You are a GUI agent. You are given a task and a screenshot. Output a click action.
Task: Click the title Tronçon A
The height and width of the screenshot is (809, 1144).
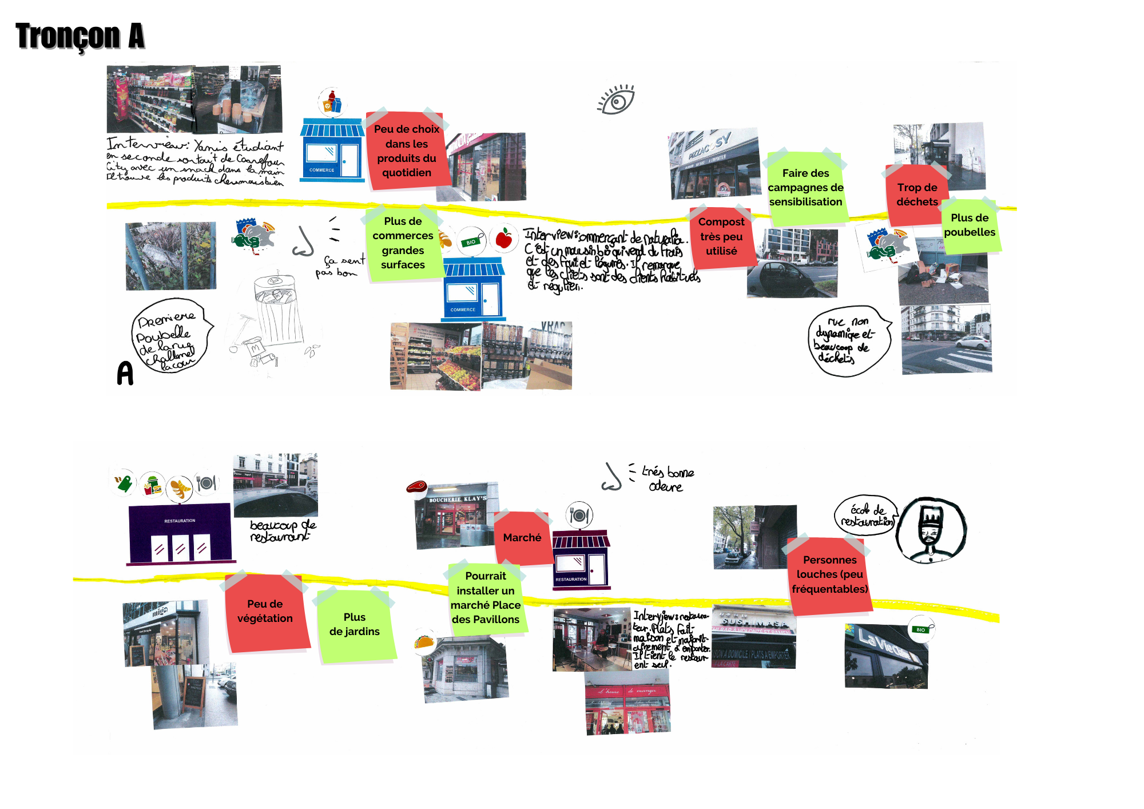80,35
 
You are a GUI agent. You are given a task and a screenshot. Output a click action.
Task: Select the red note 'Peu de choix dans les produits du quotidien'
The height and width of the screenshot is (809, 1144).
407,151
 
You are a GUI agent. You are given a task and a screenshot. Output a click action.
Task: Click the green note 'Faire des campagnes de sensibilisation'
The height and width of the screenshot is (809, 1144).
805,188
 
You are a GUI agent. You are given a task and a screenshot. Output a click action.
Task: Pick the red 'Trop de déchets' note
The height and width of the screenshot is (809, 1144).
916,195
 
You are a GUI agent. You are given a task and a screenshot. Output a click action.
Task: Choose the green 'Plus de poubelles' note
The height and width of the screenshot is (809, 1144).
970,225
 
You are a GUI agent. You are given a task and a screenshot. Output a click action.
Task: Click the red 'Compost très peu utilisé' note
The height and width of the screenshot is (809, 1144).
721,236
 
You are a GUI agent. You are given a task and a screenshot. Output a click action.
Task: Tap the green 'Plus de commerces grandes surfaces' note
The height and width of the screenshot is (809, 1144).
403,243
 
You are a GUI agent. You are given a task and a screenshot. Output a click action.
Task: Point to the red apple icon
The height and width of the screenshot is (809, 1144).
504,238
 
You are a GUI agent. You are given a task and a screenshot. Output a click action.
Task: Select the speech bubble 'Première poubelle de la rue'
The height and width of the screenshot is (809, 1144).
169,336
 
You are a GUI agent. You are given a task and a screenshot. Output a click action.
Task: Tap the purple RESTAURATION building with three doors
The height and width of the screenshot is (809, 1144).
180,533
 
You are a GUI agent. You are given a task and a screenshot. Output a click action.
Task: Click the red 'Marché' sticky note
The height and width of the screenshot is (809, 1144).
522,538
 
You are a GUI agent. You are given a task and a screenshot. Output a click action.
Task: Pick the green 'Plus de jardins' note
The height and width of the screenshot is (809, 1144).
355,625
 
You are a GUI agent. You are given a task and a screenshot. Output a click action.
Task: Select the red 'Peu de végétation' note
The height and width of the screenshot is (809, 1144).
265,612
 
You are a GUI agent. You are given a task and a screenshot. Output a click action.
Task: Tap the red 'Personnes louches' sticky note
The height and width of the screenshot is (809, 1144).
829,574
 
